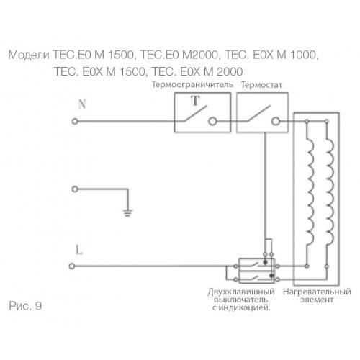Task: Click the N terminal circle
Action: click(x=75, y=122)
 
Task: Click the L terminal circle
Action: click(x=72, y=266)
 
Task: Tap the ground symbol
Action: click(x=127, y=213)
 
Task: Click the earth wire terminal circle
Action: click(x=75, y=189)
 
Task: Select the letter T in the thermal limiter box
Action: click(x=196, y=101)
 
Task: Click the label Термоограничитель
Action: click(x=192, y=85)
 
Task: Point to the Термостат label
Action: click(x=261, y=85)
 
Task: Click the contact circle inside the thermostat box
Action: click(x=276, y=122)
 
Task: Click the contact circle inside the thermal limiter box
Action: click(x=212, y=122)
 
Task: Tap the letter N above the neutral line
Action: click(x=82, y=104)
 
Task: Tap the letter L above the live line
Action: click(x=79, y=250)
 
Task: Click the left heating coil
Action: click(x=310, y=191)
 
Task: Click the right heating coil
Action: click(x=330, y=191)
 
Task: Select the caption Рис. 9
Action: click(x=25, y=306)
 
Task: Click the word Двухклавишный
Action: click(x=241, y=292)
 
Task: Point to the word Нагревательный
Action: click(x=317, y=292)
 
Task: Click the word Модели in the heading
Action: click(x=29, y=55)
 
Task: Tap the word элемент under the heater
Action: click(x=317, y=300)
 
